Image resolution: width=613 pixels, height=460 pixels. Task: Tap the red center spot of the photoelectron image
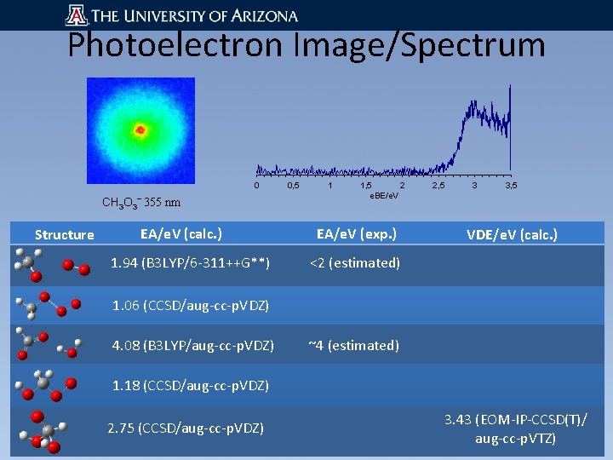(140, 130)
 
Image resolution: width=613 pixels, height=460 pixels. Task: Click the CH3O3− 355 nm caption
(140, 202)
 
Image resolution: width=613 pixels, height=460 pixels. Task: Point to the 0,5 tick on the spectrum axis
(293, 185)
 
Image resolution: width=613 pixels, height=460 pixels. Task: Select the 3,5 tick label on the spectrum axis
(511, 185)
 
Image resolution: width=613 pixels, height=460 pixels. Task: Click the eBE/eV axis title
(383, 197)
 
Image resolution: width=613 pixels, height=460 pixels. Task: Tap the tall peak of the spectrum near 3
(470, 106)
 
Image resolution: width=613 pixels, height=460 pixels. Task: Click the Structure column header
(64, 234)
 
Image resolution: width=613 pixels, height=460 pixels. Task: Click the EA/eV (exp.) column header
(357, 233)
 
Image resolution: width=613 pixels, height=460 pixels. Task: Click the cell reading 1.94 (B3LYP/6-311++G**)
(191, 263)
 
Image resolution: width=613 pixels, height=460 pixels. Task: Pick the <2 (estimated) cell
(354, 263)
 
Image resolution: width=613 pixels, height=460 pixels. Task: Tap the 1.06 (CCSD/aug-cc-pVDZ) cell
(191, 304)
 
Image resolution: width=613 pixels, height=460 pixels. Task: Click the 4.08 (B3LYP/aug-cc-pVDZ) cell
(192, 345)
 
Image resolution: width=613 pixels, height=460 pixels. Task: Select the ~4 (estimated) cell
(353, 345)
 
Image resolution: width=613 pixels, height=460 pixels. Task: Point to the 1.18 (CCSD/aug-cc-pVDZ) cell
(191, 386)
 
